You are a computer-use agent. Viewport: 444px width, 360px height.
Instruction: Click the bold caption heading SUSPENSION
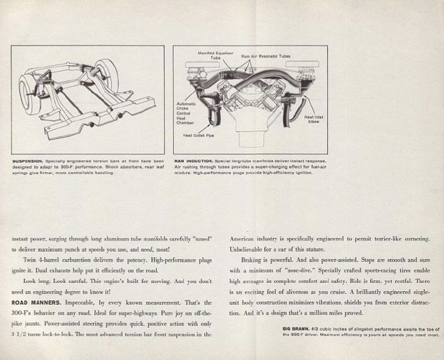(x=26, y=161)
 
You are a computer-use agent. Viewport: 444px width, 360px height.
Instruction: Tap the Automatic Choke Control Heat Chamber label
(x=185, y=113)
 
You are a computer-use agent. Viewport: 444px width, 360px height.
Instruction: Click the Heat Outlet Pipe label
(x=198, y=136)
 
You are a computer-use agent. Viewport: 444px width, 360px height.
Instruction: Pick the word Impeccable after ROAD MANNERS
(x=80, y=302)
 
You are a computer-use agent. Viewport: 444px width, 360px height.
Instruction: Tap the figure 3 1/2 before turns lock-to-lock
(x=21, y=334)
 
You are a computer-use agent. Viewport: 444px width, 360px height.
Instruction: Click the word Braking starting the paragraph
(x=250, y=260)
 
